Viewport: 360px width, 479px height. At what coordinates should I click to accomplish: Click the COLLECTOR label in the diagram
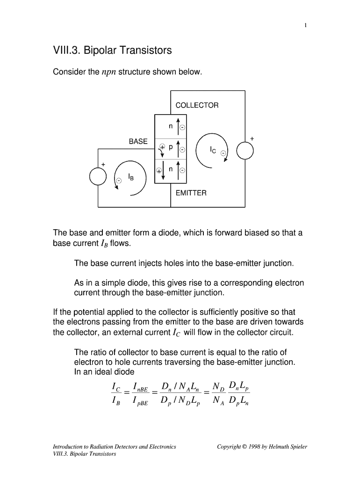(197, 105)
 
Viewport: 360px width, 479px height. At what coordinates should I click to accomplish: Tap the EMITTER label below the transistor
(191, 193)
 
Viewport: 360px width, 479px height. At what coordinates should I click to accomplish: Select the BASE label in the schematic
(138, 141)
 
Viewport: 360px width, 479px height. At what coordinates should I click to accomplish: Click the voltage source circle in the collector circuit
(245, 151)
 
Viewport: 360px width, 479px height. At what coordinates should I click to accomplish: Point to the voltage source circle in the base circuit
(98, 176)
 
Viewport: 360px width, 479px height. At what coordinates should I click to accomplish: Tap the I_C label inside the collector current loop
(213, 150)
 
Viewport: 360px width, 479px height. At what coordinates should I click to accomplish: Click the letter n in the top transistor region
(171, 126)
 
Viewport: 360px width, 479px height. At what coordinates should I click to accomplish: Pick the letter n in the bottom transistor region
(171, 170)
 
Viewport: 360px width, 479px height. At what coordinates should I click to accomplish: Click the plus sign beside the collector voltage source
(252, 138)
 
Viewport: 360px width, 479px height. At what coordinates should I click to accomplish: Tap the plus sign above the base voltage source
(103, 164)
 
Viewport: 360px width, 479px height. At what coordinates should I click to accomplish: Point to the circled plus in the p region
(162, 146)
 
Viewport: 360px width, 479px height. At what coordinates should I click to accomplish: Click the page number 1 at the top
(305, 26)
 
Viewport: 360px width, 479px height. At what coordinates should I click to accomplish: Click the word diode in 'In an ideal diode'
(123, 372)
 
